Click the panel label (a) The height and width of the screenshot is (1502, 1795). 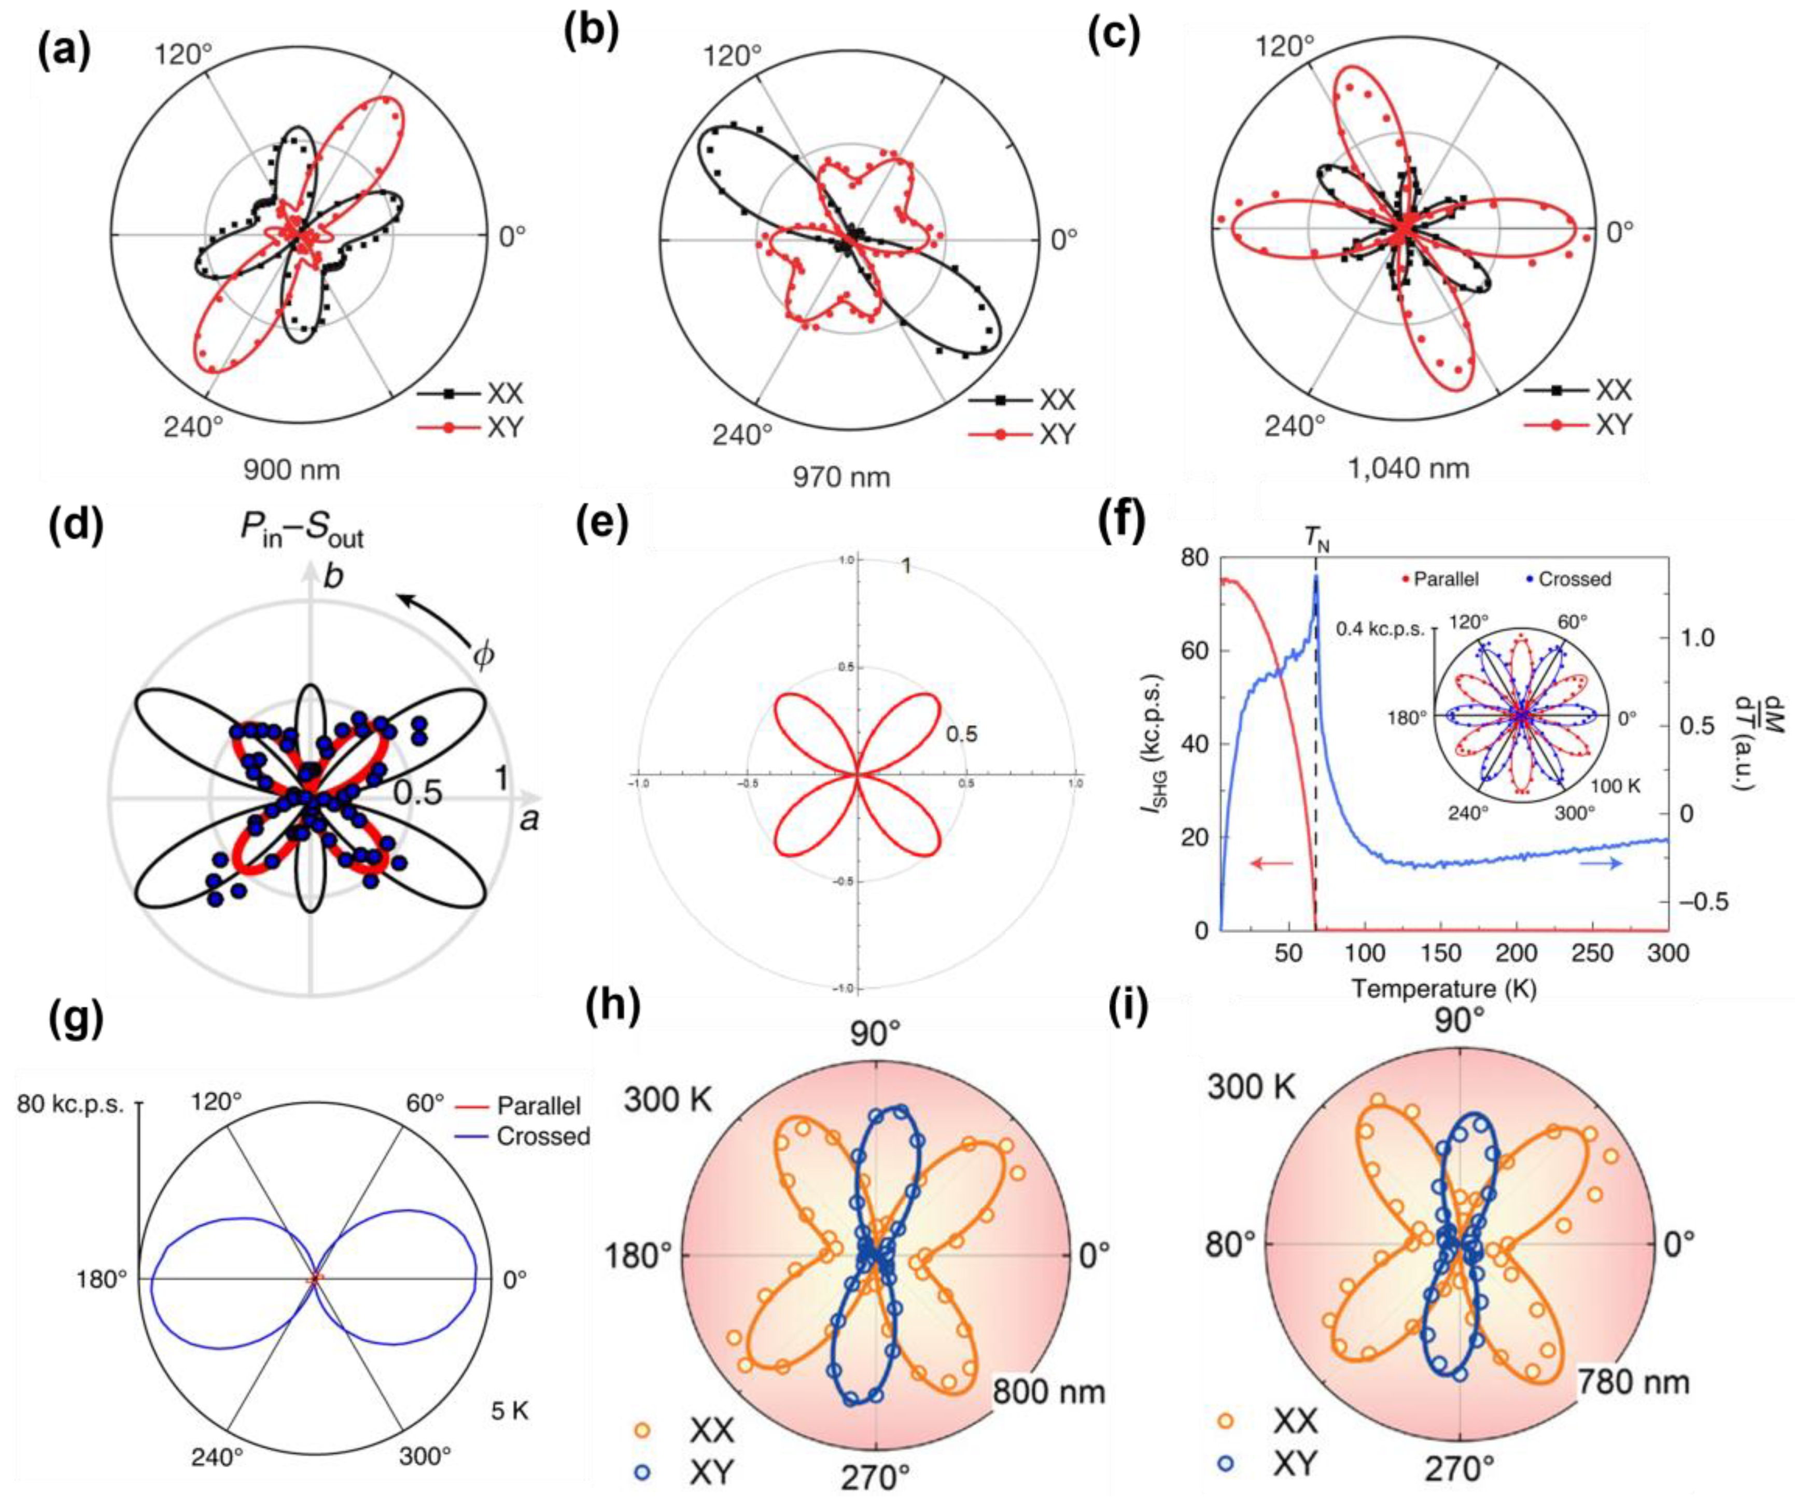click(64, 53)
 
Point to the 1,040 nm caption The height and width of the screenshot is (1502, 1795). click(1409, 467)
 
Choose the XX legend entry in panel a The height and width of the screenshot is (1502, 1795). click(504, 394)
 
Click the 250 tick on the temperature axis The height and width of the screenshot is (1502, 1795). click(1593, 953)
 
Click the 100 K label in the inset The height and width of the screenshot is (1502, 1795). click(1616, 785)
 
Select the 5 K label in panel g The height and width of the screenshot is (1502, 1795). click(510, 1411)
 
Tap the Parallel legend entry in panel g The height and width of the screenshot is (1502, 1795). click(539, 1106)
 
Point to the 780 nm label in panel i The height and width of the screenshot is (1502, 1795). click(1633, 1381)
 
